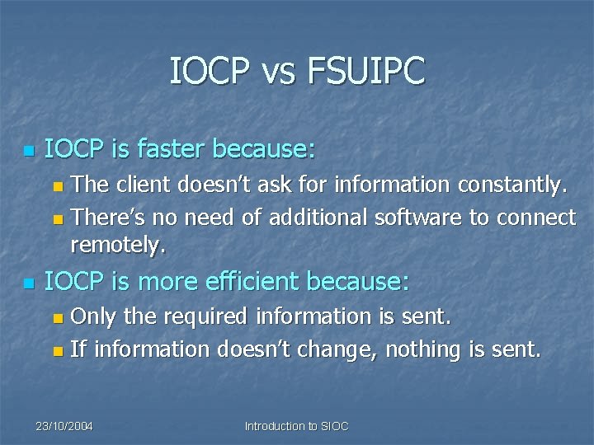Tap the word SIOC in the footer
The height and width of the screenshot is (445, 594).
tap(334, 426)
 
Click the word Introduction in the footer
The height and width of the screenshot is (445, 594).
tap(274, 426)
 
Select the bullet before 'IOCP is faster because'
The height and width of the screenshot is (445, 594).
tap(29, 151)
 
